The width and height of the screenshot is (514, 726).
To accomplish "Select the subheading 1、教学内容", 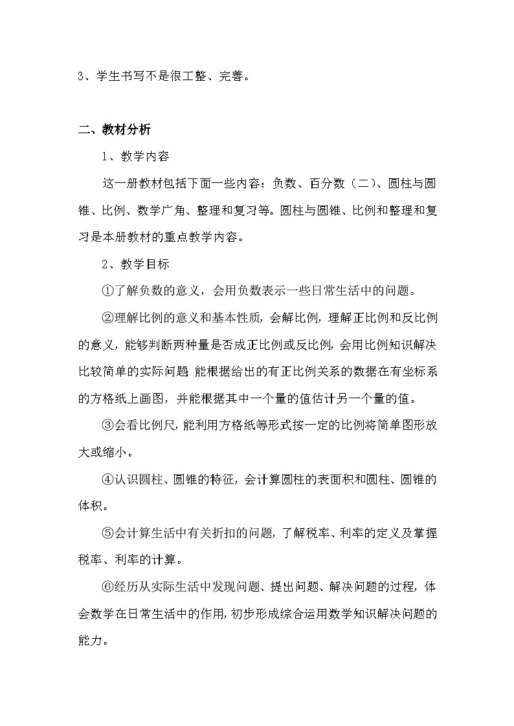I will click(135, 156).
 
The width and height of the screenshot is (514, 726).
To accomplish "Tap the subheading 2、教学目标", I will click(135, 264).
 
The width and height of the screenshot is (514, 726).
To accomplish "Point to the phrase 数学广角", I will click(158, 210).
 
